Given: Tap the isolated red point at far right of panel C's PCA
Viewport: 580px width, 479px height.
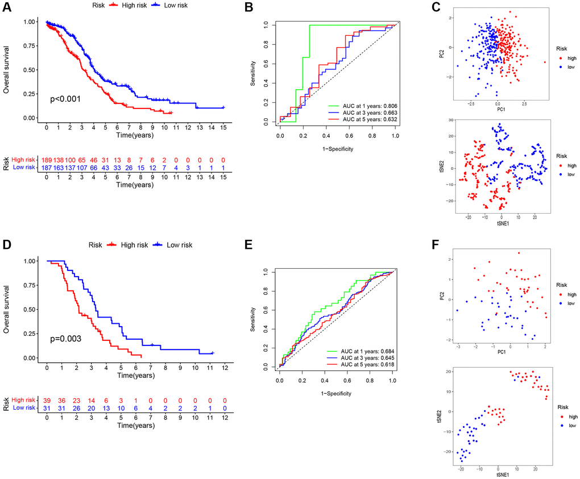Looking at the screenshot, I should (x=545, y=63).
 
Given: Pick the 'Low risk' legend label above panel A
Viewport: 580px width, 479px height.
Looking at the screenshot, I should (x=179, y=5).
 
